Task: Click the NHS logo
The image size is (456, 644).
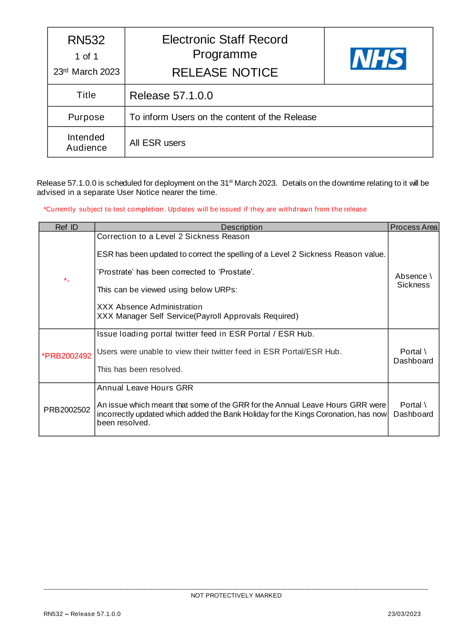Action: pyautogui.click(x=378, y=59)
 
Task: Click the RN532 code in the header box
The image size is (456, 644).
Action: pyautogui.click(x=86, y=40)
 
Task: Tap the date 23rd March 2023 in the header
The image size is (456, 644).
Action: pyautogui.click(x=86, y=72)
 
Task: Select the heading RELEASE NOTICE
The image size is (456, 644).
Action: pyautogui.click(x=225, y=72)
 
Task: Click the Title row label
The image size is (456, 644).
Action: pyautogui.click(x=86, y=95)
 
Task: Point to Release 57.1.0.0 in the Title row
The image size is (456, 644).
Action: pyautogui.click(x=171, y=96)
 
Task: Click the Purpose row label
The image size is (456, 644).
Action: pyautogui.click(x=86, y=117)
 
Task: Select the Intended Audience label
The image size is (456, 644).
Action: pyautogui.click(x=86, y=143)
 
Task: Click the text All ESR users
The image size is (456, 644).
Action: pyautogui.click(x=157, y=143)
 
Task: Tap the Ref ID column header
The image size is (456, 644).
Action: pyautogui.click(x=67, y=227)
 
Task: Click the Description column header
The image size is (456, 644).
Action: pyautogui.click(x=242, y=227)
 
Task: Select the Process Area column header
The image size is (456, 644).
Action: pyautogui.click(x=414, y=227)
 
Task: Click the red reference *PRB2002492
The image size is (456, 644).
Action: pyautogui.click(x=67, y=356)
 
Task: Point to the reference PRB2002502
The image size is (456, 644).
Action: pyautogui.click(x=67, y=410)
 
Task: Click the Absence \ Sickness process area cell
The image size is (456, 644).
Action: pyautogui.click(x=413, y=281)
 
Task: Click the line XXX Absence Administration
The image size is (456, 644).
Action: pyautogui.click(x=150, y=307)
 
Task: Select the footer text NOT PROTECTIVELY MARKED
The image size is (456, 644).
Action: pyautogui.click(x=236, y=595)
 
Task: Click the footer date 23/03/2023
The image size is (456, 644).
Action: pyautogui.click(x=404, y=614)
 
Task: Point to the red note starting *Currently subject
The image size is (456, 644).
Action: pyautogui.click(x=205, y=209)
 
